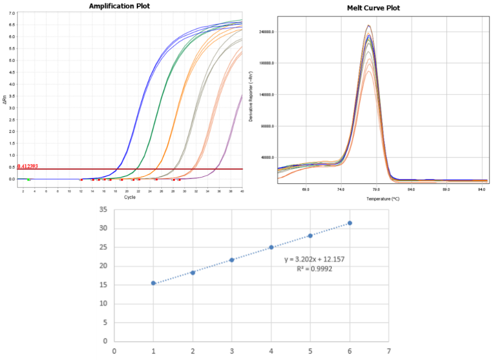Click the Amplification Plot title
coord(119,6)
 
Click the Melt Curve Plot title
coord(373,8)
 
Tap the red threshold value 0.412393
coord(28,166)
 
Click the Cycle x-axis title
coord(130,197)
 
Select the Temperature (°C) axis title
coord(383,199)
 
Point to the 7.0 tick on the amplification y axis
coord(12,13)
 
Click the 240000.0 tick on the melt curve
coord(265,32)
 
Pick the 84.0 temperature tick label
coord(411,190)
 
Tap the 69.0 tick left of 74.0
coord(306,190)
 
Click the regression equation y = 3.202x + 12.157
coord(314,259)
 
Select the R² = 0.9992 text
coord(314,269)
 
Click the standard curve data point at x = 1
coord(153,283)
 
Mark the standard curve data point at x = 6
coord(350,223)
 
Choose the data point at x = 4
coord(271,247)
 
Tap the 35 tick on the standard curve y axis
coord(104,210)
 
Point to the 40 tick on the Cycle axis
coord(242,191)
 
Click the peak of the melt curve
coord(368,26)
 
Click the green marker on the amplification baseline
coord(29,179)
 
